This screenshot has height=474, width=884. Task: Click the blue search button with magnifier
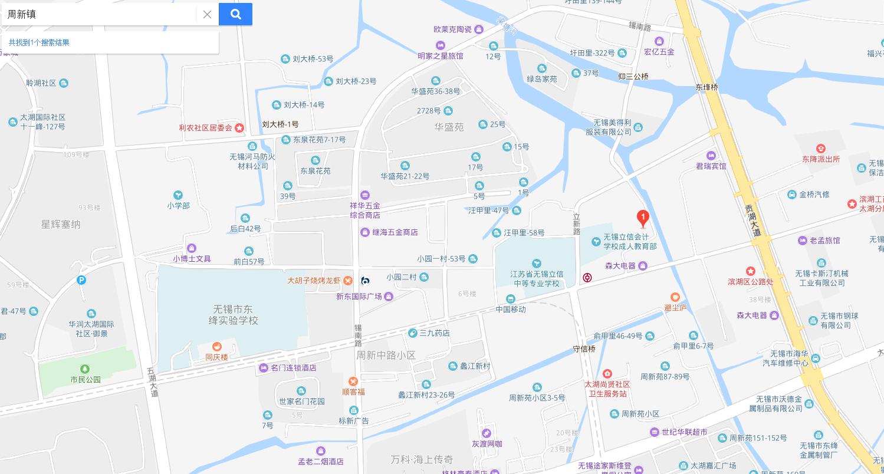click(x=235, y=14)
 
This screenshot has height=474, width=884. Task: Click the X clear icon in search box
click(x=207, y=15)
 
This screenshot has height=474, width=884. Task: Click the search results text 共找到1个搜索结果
click(x=39, y=42)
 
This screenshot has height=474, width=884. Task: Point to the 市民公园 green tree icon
click(x=85, y=369)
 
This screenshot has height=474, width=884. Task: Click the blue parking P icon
click(x=81, y=280)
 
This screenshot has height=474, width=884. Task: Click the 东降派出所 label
click(x=820, y=159)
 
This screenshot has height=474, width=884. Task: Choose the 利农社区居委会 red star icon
click(x=239, y=128)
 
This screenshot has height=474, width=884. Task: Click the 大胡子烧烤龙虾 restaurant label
click(x=314, y=281)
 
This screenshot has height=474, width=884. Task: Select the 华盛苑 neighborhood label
click(x=449, y=127)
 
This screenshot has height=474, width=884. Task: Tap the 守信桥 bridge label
click(x=584, y=349)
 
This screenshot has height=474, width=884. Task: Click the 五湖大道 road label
click(x=153, y=382)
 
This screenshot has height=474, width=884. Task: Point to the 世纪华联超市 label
click(x=684, y=432)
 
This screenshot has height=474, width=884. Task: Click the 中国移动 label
click(x=510, y=309)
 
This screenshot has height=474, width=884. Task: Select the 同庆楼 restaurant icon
click(x=216, y=347)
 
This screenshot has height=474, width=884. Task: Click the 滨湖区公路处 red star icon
click(x=750, y=271)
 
